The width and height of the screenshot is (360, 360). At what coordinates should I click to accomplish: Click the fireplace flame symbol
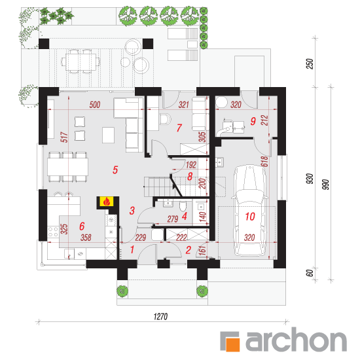tap(107, 202)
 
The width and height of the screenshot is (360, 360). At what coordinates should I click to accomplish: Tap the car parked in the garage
tap(249, 211)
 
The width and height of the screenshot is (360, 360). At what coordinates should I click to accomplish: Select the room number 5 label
tap(115, 170)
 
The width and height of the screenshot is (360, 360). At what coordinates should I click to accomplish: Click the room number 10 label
tap(250, 217)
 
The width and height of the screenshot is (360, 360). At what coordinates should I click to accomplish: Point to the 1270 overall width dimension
tap(160, 317)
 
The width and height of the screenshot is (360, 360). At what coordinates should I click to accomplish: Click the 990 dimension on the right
tap(325, 185)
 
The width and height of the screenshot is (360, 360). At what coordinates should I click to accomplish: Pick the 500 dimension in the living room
tap(95, 105)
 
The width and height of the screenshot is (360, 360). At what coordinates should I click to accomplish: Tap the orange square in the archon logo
tap(233, 344)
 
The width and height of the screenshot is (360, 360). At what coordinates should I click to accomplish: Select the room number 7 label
tap(179, 128)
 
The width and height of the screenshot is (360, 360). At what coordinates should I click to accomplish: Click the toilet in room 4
tap(183, 206)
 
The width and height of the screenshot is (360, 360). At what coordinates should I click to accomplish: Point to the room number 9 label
tap(253, 121)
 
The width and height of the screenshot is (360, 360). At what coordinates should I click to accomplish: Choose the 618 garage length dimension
tap(264, 162)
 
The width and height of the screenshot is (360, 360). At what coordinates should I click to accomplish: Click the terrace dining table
tap(81, 62)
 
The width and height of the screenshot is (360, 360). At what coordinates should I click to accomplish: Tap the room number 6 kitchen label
tap(82, 226)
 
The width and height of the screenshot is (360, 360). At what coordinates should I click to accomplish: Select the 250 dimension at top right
tap(310, 64)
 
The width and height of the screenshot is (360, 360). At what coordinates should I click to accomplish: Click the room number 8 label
tap(190, 177)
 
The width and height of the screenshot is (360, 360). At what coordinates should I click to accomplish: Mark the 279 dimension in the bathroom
tap(173, 219)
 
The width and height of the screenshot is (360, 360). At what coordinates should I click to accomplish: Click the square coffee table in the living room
tap(108, 135)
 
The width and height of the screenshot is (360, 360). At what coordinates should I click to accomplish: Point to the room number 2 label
tap(189, 250)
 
